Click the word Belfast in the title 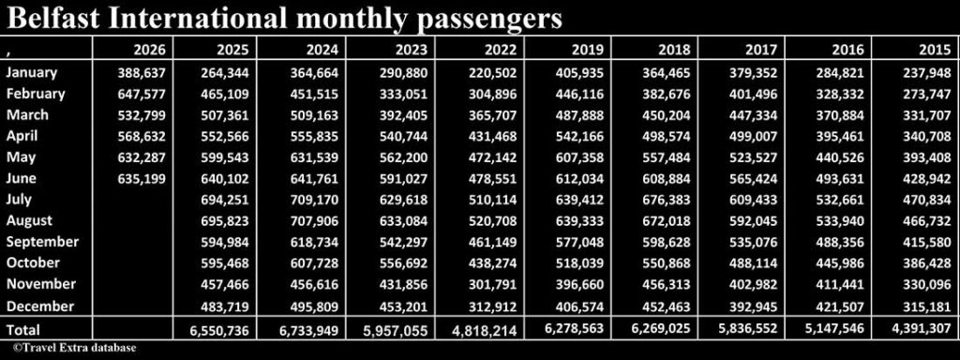coord(52,19)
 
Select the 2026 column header coord(150,50)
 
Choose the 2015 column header coord(935,50)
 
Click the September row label coord(42,242)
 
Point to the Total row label coord(22,329)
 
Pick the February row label coord(36,94)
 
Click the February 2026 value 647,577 coord(142,95)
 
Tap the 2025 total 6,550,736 coord(219,331)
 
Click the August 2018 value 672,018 coord(666,220)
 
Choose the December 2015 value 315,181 coord(926,306)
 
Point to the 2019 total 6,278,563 coord(575,328)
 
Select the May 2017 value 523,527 coord(752,157)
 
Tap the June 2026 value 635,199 coord(142,179)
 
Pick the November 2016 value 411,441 coord(839,284)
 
